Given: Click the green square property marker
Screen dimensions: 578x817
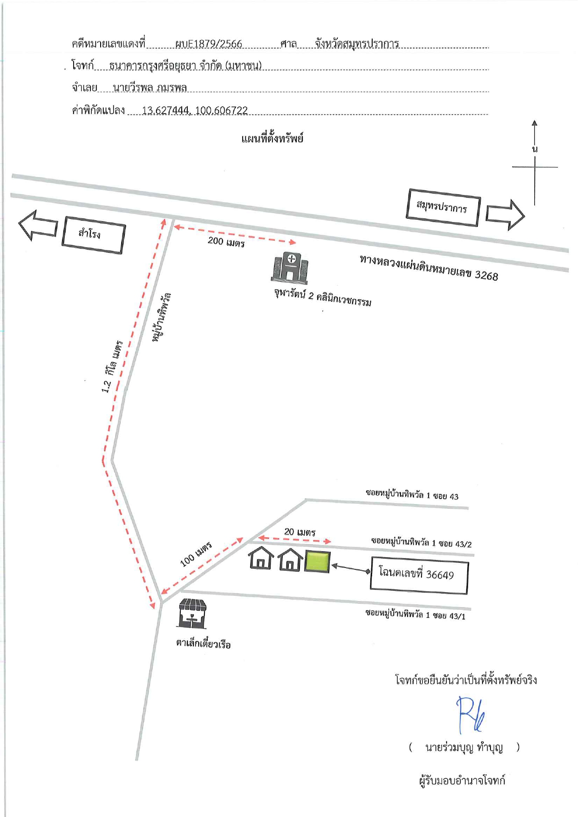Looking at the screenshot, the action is (x=317, y=561).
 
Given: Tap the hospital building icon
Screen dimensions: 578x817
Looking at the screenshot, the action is (x=290, y=268).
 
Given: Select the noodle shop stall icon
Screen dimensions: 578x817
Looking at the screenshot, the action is (x=192, y=613).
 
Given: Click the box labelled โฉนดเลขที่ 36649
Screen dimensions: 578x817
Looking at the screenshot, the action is (x=419, y=575).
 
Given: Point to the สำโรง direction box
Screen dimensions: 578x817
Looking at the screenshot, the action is (x=94, y=235).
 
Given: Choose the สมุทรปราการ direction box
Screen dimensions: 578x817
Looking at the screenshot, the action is (x=443, y=207).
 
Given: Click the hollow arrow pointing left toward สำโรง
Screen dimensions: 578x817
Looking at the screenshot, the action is (x=38, y=225).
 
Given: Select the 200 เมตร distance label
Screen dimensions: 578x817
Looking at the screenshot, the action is (x=226, y=241).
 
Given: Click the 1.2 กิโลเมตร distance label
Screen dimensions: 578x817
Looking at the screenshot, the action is (x=112, y=366).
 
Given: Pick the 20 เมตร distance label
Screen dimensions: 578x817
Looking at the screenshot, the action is (x=300, y=532).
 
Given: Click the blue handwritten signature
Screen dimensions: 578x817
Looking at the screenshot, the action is (x=471, y=715).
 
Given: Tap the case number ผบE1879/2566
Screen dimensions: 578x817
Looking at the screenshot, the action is (x=209, y=44).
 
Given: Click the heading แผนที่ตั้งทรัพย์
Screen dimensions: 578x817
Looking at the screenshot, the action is (x=272, y=138).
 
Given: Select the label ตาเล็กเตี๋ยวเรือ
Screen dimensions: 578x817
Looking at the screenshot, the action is (x=203, y=644).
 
